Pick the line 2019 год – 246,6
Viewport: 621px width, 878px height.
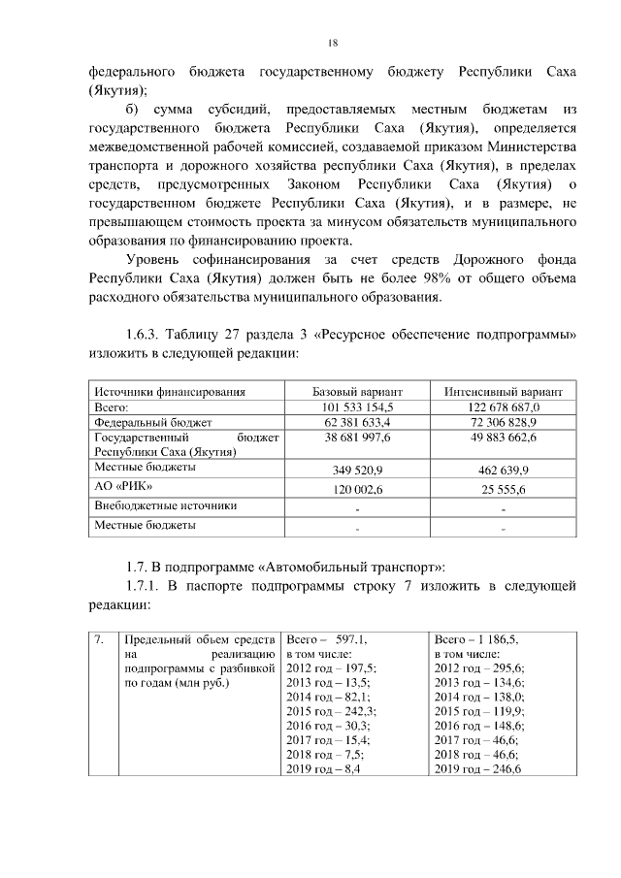click(x=478, y=769)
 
